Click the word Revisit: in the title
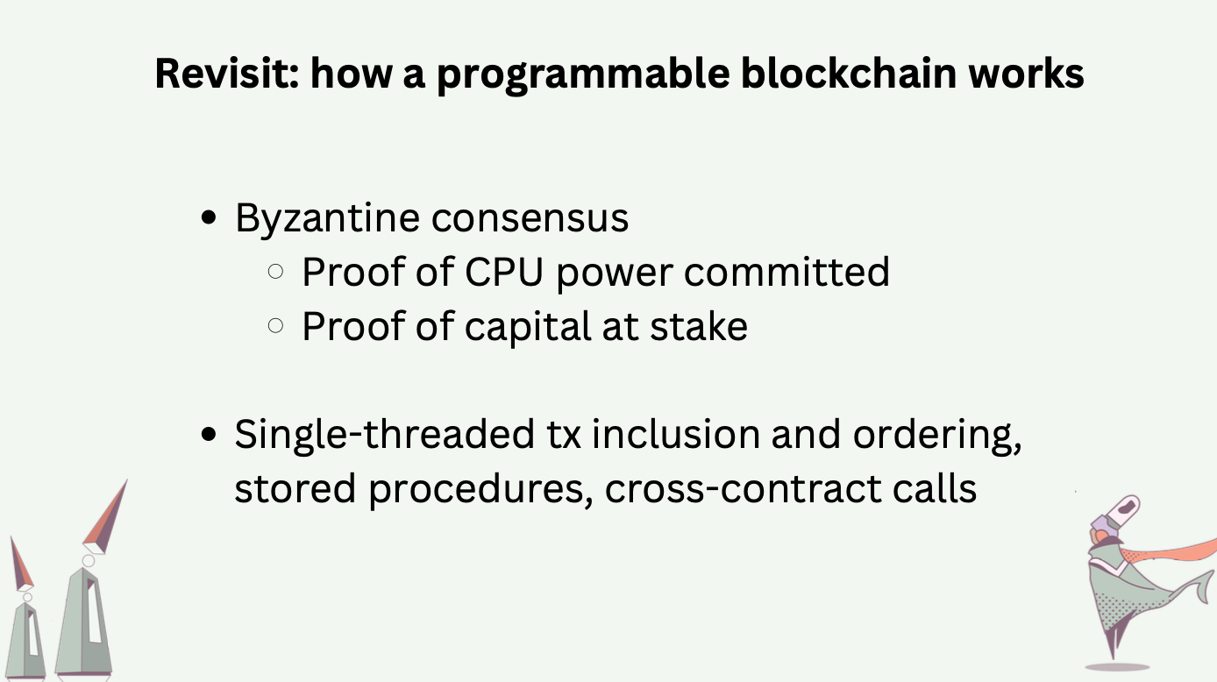tap(227, 73)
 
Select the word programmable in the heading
tap(583, 75)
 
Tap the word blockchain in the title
tap(849, 73)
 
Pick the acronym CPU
tap(503, 272)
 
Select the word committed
tap(786, 272)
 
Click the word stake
tap(699, 326)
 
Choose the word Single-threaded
tap(384, 435)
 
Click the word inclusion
tap(676, 434)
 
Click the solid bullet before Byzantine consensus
tap(209, 217)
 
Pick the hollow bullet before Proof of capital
tap(276, 325)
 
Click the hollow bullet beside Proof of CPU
tap(276, 271)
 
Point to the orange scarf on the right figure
tap(1168, 554)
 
